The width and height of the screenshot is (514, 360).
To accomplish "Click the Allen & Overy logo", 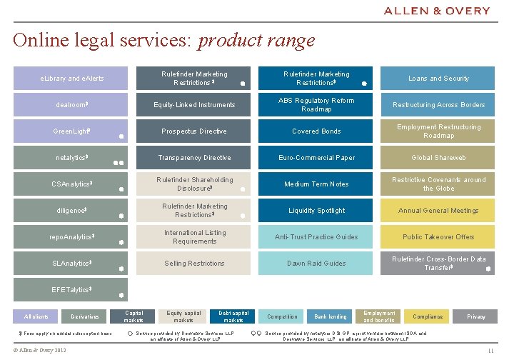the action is click(447, 11).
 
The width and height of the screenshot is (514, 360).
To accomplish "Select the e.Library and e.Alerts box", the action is click(71, 79).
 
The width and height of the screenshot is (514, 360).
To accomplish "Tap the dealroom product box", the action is click(71, 105).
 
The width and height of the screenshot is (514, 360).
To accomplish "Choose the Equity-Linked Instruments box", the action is click(194, 105).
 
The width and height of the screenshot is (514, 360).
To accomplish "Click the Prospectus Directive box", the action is click(194, 131).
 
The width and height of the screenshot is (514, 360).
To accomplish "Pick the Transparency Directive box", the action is click(194, 158).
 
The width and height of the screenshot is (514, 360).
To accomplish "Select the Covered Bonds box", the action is click(317, 131).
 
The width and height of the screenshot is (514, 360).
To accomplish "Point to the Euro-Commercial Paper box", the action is click(317, 158).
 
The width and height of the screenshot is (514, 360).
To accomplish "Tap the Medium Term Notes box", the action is click(317, 184).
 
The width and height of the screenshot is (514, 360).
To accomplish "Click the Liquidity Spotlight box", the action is click(317, 211).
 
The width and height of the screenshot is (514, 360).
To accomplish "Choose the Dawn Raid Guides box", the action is click(317, 264).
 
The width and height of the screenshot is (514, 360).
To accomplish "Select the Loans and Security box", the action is click(438, 79).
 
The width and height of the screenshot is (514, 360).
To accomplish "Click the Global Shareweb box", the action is click(438, 158).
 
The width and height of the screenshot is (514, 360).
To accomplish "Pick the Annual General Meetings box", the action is click(438, 211).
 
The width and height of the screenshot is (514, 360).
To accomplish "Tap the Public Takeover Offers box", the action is click(438, 237).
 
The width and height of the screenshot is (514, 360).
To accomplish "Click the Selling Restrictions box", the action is click(194, 264).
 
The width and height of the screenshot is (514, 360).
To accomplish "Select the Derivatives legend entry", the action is click(85, 316).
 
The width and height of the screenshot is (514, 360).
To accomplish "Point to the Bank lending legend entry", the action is click(330, 316).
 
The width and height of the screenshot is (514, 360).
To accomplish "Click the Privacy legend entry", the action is click(476, 316).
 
